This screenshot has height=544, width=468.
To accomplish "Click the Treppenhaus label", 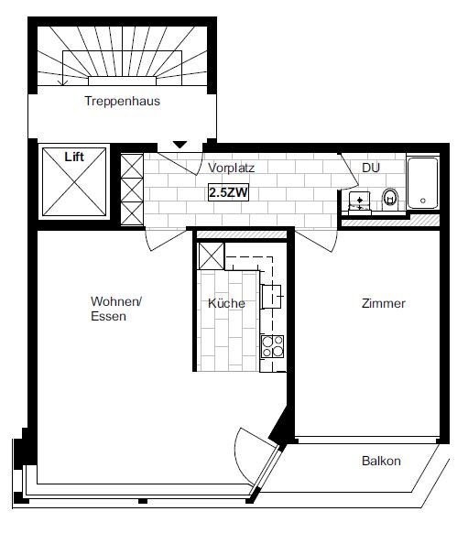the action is pos(122,102).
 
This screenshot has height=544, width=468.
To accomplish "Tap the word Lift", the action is pos(74,157).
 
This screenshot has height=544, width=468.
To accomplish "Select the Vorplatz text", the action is pos(231,168).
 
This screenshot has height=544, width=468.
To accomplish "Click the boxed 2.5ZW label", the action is pos(229,191).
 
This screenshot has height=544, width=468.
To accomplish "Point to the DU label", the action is pos(371,168).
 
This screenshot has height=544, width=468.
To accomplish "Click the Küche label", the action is pos(226,303).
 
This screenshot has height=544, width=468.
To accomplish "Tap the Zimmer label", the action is pos(384,303).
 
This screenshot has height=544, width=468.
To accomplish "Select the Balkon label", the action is pos(381,461).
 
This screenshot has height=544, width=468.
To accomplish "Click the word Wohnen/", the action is pos(116,301).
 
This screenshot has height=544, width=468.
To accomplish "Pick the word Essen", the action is pos(108,316).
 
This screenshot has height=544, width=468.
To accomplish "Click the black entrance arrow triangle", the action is pos(180,145).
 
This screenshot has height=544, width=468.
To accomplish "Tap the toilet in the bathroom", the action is pos(390,199).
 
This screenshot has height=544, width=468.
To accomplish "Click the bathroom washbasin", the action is pos(359,201).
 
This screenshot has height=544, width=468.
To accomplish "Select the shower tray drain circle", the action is pos(422,201).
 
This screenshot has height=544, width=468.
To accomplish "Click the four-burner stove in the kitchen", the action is pos(272,346).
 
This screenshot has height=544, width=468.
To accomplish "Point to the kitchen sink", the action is pos(271,297).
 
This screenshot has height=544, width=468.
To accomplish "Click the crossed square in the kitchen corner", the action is pos(211,256).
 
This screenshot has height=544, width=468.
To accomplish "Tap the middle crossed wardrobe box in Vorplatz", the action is pos(132,190).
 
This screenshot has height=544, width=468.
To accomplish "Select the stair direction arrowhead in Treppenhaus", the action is pos(63,82).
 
